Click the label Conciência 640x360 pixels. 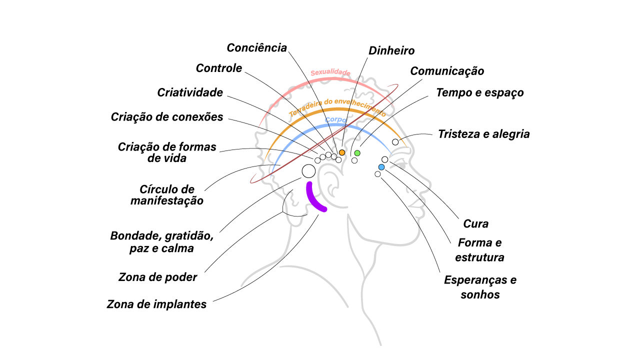coord(257,48)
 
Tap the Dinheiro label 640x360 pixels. coord(391,51)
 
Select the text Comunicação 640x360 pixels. coord(447,71)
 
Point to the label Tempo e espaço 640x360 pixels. coord(479,93)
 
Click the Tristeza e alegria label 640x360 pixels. coord(483,134)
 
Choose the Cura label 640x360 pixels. coord(475,223)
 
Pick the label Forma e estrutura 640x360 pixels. coord(479,250)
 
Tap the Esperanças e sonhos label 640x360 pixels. coord(480,287)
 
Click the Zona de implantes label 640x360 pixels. coord(156,304)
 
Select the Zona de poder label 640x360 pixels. coord(158,277)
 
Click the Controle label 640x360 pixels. coord(219,68)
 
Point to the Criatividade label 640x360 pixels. coord(190,92)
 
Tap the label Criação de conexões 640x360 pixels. coord(167,117)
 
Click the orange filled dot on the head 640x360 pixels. coord(342,152)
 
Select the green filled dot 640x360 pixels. coord(357,152)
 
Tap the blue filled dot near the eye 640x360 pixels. coord(381,167)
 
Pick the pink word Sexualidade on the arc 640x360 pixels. coord(330,73)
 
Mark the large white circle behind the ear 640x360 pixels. coord(308,171)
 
